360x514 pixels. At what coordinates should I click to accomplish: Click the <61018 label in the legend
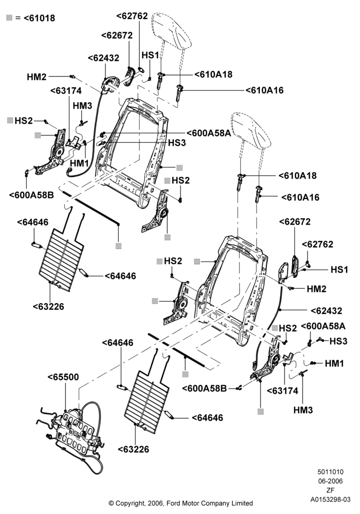tap(40, 18)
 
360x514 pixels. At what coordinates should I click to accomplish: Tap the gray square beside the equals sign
tap(9, 17)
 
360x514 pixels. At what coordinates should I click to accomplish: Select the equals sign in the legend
tap(17, 18)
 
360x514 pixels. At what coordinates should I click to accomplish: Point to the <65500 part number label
tap(63, 377)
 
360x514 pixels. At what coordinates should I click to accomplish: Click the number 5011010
tap(331, 472)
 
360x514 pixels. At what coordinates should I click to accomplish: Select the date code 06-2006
tap(331, 481)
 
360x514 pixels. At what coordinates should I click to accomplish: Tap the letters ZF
tap(331, 490)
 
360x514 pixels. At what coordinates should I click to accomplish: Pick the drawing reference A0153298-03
tap(331, 500)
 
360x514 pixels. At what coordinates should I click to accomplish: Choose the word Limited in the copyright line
tap(241, 503)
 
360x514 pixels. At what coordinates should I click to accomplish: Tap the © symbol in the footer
tap(111, 503)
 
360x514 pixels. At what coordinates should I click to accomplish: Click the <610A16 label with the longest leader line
tap(264, 90)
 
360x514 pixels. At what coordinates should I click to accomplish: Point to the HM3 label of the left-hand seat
tap(82, 106)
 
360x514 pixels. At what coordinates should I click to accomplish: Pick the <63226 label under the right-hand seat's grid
tap(133, 449)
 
